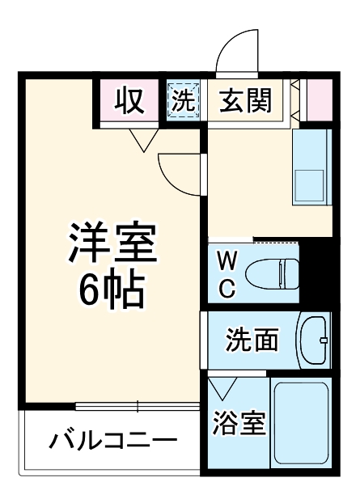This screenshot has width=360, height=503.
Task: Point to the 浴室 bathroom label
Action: point(239,422)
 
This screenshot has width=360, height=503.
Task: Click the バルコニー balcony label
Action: point(112,442)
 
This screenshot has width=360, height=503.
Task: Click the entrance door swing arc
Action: point(238,52)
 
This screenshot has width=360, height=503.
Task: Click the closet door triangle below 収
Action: point(144,141)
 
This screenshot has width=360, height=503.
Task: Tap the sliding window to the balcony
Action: point(138,405)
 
